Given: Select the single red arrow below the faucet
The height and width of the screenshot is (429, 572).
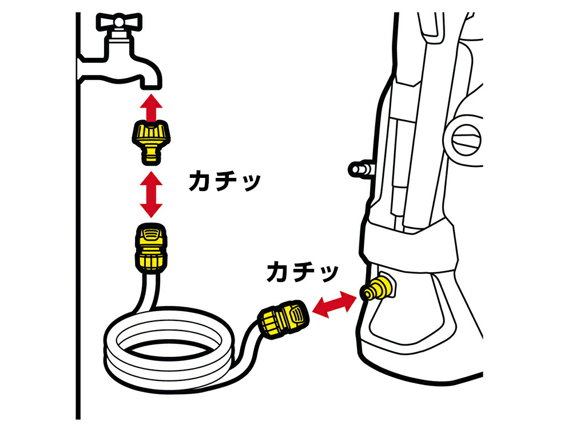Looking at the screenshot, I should [150, 108].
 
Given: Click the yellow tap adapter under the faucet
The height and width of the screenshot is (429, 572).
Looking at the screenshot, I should [150, 141].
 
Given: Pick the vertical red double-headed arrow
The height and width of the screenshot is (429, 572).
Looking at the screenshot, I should [150, 194].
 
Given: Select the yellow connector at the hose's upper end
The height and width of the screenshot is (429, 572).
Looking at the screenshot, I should [150, 246].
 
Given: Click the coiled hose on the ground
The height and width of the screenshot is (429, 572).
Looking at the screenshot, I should [166, 349].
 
